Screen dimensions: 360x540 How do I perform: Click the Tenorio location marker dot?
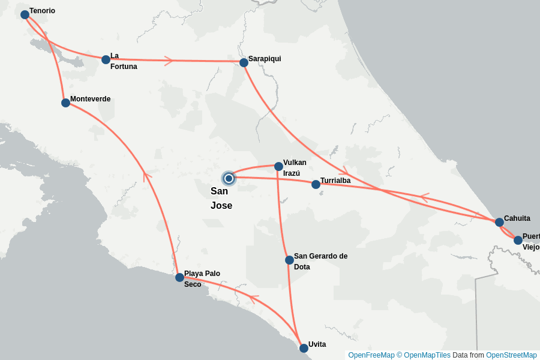click(25, 14)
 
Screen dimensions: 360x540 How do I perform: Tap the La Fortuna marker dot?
click(106, 59)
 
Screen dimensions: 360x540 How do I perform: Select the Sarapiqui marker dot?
click(244, 62)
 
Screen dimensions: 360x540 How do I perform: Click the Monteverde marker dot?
click(65, 103)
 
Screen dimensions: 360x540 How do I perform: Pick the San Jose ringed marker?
click(229, 178)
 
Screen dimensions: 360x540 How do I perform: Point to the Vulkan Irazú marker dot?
click(278, 166)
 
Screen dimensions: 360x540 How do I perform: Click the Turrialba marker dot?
click(316, 184)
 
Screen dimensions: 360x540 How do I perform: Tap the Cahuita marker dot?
click(499, 222)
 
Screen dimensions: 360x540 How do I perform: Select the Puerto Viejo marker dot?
click(518, 240)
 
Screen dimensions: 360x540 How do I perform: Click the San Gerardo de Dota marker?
click(289, 260)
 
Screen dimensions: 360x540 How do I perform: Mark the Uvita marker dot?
click(304, 348)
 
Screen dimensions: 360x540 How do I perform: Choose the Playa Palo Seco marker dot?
click(179, 277)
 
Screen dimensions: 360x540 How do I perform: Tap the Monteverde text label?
click(90, 99)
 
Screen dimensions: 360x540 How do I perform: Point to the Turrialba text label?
click(335, 181)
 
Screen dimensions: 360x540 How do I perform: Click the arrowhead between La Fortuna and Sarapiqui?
click(169, 61)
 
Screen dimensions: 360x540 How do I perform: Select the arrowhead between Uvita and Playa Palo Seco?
click(254, 298)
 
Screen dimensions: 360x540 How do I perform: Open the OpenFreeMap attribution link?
click(371, 355)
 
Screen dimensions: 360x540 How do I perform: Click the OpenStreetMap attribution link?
click(511, 355)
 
